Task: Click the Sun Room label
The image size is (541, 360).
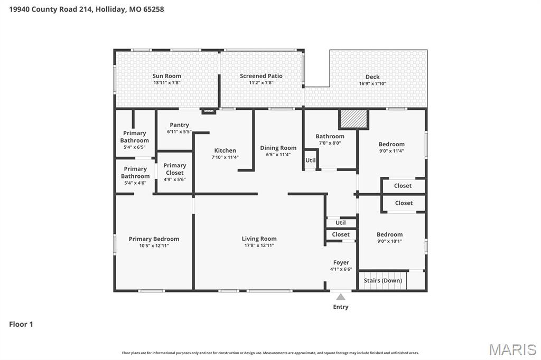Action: click(166, 76)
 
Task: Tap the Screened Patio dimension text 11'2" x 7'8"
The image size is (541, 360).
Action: click(261, 83)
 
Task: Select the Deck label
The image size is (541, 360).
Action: click(372, 77)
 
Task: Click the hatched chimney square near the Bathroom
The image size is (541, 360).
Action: click(353, 119)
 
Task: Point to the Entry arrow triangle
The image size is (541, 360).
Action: click(341, 297)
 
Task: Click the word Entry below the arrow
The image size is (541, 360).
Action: click(341, 307)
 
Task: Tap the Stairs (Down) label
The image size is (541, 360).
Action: click(383, 280)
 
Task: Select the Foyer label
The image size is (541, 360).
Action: click(341, 262)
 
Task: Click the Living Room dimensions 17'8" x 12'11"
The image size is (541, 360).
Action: click(259, 245)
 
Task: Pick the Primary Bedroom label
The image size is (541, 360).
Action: click(154, 239)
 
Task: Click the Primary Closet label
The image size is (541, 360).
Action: click(175, 169)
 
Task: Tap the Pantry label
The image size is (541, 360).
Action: click(180, 125)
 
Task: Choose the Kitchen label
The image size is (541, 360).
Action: click(225, 150)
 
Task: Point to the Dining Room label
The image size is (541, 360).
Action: click(278, 148)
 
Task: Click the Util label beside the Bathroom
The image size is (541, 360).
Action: click(311, 160)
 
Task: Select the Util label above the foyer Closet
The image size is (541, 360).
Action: click(340, 223)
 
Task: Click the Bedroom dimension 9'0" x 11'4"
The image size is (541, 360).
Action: click(391, 151)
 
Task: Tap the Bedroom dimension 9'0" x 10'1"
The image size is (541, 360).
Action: click(389, 241)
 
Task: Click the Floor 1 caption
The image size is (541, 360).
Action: click(21, 324)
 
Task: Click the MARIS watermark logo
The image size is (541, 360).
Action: click(512, 349)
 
